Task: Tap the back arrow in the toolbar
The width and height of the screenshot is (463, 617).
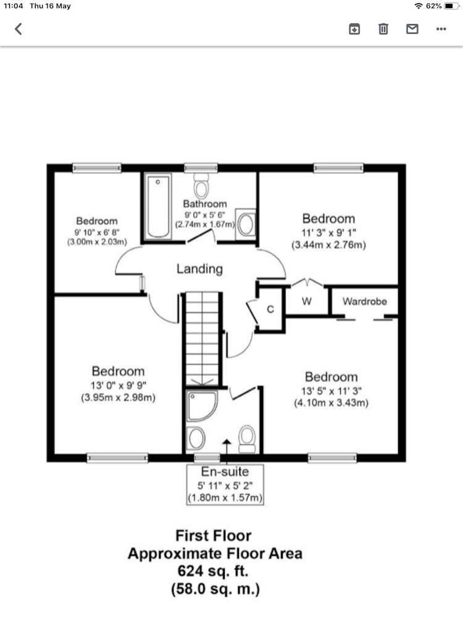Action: point(18,29)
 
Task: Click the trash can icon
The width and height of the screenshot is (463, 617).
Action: point(383,29)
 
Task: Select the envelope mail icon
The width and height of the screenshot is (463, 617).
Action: point(412,29)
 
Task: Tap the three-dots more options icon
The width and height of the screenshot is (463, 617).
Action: point(441,29)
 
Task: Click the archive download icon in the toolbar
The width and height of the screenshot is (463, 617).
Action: point(354,29)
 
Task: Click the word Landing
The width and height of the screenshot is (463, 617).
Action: point(199,269)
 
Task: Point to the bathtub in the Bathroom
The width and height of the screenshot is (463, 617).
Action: point(158,207)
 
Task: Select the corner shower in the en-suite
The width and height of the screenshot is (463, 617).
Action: point(202,406)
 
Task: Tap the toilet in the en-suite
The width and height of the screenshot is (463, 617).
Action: point(247,439)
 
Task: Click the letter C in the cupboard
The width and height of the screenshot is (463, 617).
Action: point(270,309)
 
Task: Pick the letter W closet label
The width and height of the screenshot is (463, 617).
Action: point(307,302)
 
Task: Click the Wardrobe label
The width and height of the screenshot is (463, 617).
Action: point(365,302)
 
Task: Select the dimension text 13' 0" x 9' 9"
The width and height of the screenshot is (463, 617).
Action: point(118,386)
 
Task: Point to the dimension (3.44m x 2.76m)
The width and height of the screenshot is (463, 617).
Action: point(329,245)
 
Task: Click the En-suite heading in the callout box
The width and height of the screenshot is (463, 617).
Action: point(225,471)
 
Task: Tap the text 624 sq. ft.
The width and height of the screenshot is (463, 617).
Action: point(213,571)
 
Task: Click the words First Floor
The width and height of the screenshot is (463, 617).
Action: point(214,536)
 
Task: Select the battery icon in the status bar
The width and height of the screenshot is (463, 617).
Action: point(451,6)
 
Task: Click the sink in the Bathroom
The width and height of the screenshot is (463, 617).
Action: point(246,225)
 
